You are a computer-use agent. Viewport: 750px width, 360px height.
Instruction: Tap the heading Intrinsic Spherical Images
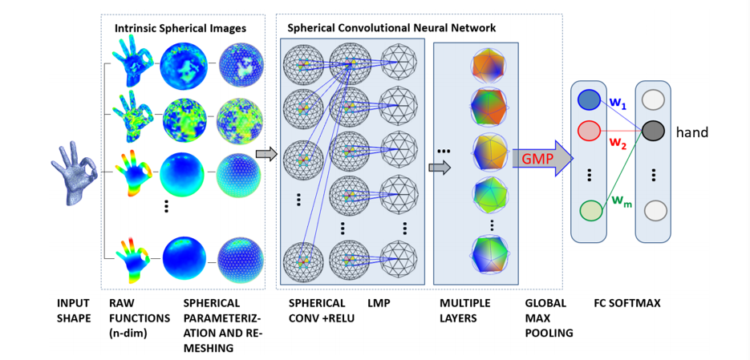180,29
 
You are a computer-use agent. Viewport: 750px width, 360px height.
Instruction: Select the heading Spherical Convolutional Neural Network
392,28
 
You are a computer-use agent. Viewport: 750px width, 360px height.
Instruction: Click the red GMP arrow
540,160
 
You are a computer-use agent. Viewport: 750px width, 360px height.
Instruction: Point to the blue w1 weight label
618,103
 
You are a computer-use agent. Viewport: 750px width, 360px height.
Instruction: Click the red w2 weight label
618,144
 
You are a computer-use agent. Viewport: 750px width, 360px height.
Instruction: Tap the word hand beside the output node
692,132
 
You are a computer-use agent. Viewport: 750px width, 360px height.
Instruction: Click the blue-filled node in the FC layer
589,99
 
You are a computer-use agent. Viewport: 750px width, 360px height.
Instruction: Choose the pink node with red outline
589,131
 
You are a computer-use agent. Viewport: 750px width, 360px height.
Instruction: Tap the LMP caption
378,304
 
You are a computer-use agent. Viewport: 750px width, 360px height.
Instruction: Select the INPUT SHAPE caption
74,311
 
